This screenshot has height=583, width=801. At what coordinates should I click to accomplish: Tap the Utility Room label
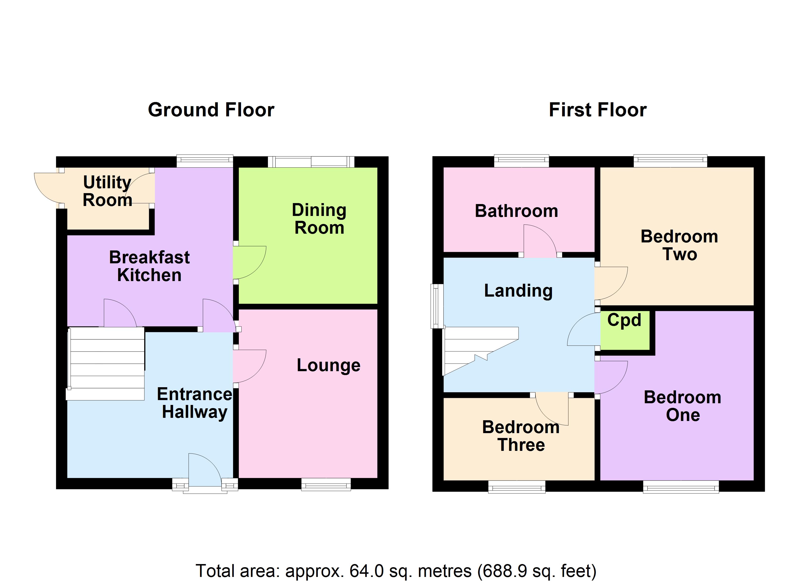click(107, 191)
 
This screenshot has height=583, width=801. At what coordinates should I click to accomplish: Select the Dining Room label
click(319, 219)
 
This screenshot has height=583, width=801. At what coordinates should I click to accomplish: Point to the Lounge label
click(328, 365)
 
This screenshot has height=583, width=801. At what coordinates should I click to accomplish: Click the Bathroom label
click(516, 211)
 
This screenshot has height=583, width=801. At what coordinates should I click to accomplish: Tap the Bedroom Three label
click(521, 436)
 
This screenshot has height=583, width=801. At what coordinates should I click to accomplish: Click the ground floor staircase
click(106, 364)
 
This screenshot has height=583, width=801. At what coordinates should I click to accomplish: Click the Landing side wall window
click(437, 306)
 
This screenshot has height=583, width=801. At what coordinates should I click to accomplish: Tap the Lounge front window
click(326, 484)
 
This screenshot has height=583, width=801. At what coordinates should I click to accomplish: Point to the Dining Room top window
click(311, 162)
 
